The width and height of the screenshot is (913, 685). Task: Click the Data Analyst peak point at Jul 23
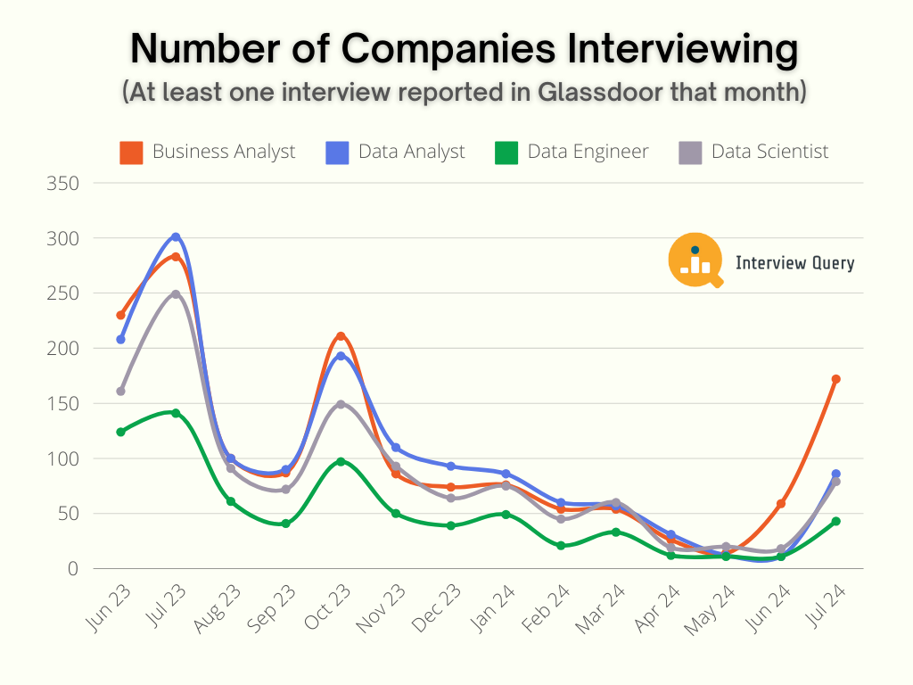tap(176, 237)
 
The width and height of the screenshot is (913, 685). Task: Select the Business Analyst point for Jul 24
tap(836, 379)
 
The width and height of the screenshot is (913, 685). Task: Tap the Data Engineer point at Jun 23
tap(120, 432)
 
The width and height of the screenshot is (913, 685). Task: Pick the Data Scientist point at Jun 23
tap(120, 391)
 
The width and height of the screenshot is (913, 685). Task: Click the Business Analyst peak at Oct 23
tap(341, 336)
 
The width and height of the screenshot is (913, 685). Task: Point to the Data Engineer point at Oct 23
tap(341, 461)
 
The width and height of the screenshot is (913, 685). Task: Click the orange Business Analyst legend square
tap(131, 153)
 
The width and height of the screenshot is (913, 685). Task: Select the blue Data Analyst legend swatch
tap(337, 153)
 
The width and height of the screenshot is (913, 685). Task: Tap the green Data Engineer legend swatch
tap(506, 153)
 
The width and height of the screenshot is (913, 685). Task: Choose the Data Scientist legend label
tap(769, 152)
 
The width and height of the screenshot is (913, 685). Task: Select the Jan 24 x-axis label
tap(494, 608)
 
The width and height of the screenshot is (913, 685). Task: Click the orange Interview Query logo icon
tap(695, 260)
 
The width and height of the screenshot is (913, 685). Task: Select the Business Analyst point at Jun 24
tap(781, 504)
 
